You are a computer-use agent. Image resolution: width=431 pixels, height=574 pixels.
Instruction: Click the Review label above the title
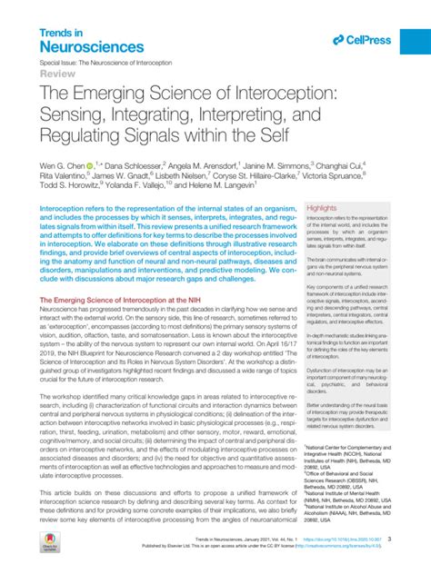55,77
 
